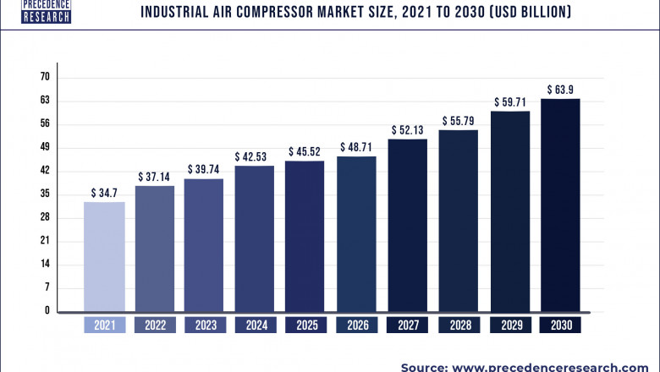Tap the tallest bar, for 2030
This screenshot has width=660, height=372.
[560, 205]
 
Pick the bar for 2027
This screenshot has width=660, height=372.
[408, 225]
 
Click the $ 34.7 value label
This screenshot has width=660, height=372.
[104, 194]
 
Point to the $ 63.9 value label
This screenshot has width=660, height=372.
[560, 89]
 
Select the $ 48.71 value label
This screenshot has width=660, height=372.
[356, 147]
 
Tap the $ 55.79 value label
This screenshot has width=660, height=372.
[458, 121]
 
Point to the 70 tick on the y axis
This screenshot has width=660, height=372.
[45, 77]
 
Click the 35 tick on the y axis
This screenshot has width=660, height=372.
[45, 194]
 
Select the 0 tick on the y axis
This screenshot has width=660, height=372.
[47, 311]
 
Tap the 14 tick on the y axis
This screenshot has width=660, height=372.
[45, 264]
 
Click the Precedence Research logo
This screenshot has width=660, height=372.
[47, 10]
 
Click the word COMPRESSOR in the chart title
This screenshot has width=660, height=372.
[273, 12]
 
